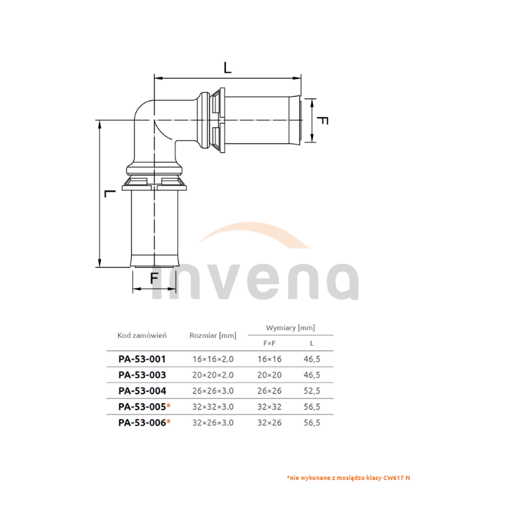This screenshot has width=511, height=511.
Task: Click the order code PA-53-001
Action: (x=142, y=359)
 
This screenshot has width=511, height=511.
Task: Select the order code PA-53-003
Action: (x=142, y=375)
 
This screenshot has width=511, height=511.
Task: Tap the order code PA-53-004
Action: (x=142, y=391)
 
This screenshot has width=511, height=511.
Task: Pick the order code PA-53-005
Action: (x=142, y=407)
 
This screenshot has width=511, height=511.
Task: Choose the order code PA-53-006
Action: (x=142, y=423)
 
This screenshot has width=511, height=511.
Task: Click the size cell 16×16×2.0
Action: (x=213, y=359)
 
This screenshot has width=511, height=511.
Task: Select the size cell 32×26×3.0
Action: (x=213, y=423)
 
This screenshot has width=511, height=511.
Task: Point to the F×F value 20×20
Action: (x=269, y=375)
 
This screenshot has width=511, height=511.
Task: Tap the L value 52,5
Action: (x=312, y=391)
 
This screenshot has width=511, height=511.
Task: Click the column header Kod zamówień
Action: (x=142, y=335)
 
